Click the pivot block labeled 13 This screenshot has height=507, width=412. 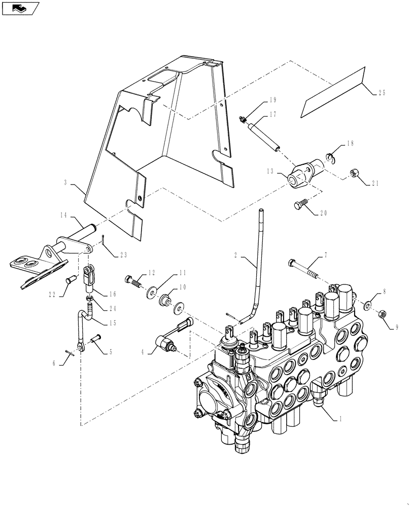pos(299,175)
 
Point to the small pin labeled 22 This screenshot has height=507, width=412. pos(71,279)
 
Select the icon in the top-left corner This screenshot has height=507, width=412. pos(20,8)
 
